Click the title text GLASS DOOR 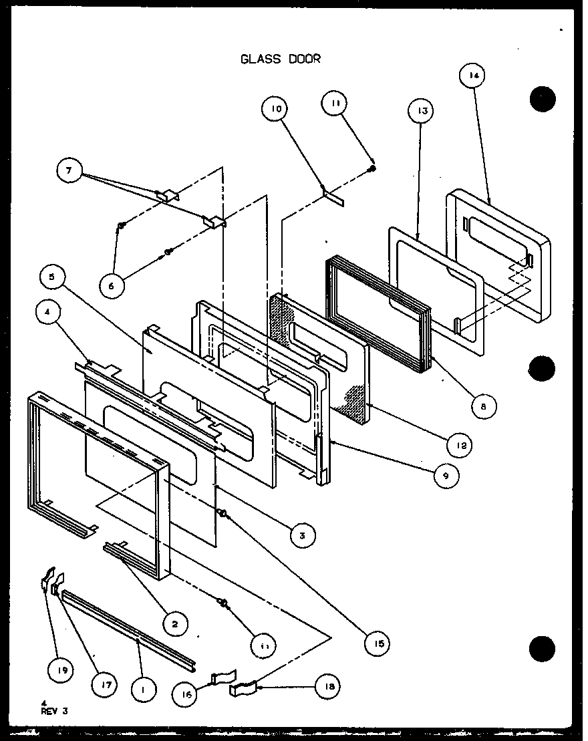281,59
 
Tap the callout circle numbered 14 473,76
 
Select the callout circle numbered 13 422,110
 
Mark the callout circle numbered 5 55,275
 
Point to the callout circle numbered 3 302,535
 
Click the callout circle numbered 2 174,624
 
